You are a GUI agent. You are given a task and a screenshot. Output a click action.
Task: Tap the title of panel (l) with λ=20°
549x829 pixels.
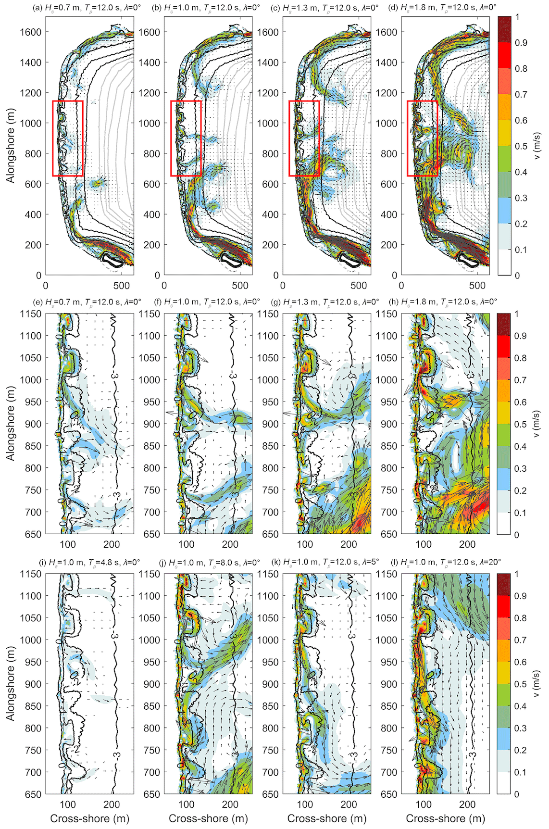(x=446, y=562)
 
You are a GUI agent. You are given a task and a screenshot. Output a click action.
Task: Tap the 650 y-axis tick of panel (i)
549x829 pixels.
(x=33, y=794)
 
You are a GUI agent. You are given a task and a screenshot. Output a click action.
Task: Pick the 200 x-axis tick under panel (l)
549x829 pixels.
(x=467, y=804)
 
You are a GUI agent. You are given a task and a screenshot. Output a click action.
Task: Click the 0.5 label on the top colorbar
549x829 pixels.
(x=521, y=146)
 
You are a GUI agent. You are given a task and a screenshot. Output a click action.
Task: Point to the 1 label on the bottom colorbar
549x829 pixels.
(x=517, y=574)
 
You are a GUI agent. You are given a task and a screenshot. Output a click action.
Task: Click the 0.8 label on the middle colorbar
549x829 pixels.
(x=521, y=358)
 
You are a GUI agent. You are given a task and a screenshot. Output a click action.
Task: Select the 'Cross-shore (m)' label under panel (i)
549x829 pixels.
(x=89, y=818)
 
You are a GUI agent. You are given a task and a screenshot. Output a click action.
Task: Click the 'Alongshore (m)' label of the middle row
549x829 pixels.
(x=10, y=423)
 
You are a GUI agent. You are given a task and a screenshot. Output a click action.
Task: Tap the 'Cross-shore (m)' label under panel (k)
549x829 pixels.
(x=327, y=818)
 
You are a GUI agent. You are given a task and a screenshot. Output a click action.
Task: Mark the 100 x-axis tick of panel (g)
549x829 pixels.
(x=305, y=544)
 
